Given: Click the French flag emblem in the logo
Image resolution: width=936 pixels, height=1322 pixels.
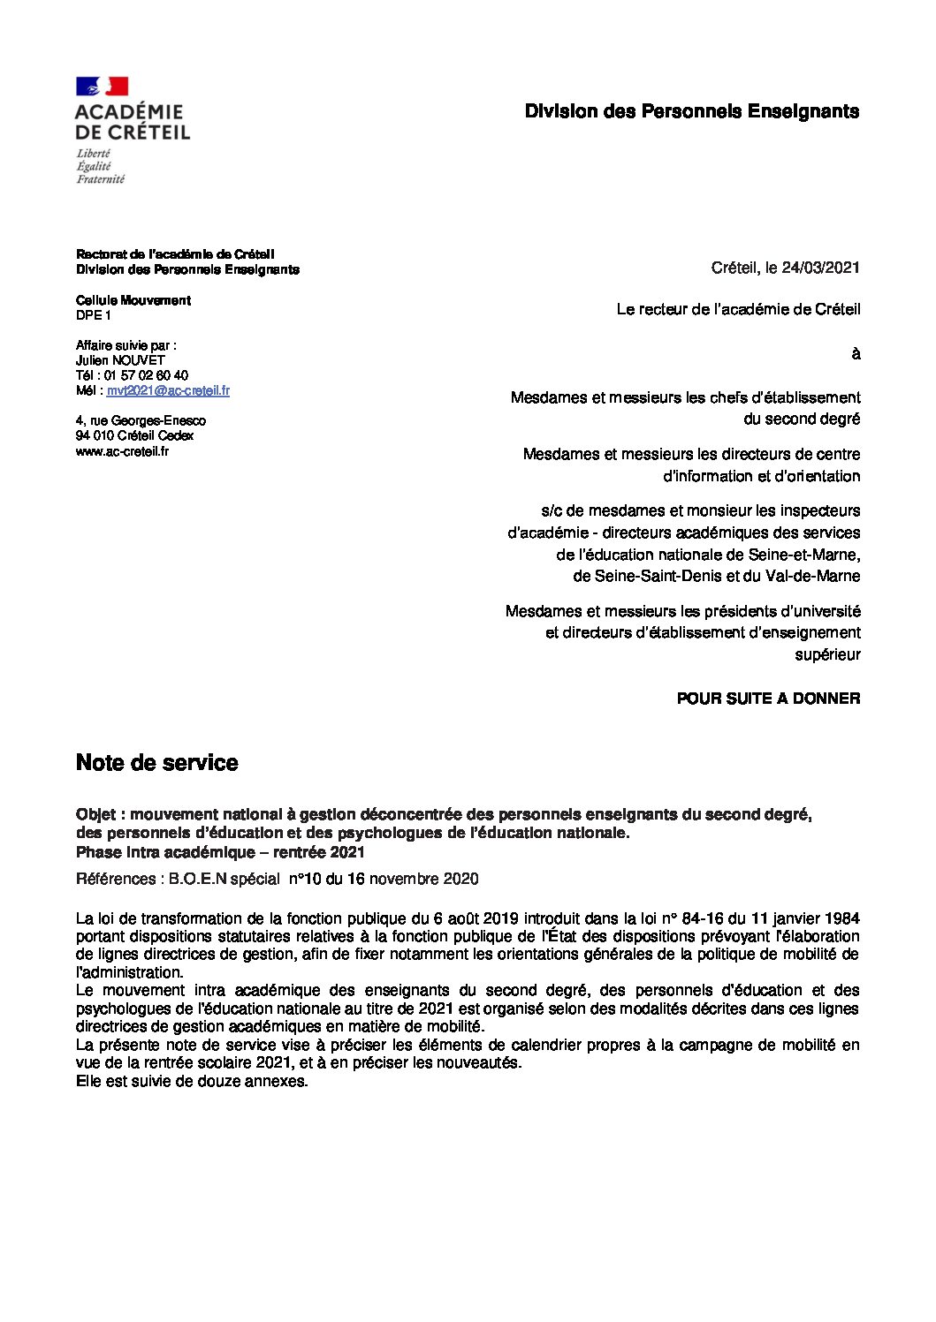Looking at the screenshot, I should tap(102, 86).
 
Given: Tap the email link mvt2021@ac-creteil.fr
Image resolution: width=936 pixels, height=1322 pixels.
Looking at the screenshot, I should tap(168, 390).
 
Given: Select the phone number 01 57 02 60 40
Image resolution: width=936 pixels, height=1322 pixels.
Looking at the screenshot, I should tap(146, 375).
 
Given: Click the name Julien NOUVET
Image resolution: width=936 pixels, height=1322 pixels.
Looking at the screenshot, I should tap(120, 360).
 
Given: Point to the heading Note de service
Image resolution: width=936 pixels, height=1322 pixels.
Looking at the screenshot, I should tap(156, 763).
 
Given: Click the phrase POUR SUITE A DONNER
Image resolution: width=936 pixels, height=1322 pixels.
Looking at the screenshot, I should tap(768, 699).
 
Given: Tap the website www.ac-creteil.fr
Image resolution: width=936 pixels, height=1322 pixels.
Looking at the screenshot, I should tap(122, 451).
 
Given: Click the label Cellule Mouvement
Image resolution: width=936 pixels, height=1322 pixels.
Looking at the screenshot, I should tap(133, 300).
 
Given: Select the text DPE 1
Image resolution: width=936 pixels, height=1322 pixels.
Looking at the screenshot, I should tap(94, 315).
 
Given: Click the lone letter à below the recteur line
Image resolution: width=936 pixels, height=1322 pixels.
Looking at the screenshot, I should tap(855, 354).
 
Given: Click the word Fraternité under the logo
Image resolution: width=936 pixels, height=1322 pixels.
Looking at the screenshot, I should tap(100, 178).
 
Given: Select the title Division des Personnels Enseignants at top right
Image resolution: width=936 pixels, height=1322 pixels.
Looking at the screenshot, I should tap(691, 111).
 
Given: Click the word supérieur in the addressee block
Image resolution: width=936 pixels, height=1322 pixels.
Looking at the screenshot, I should tap(827, 654).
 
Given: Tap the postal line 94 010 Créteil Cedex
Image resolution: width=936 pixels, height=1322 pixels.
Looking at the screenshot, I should tap(134, 435).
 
